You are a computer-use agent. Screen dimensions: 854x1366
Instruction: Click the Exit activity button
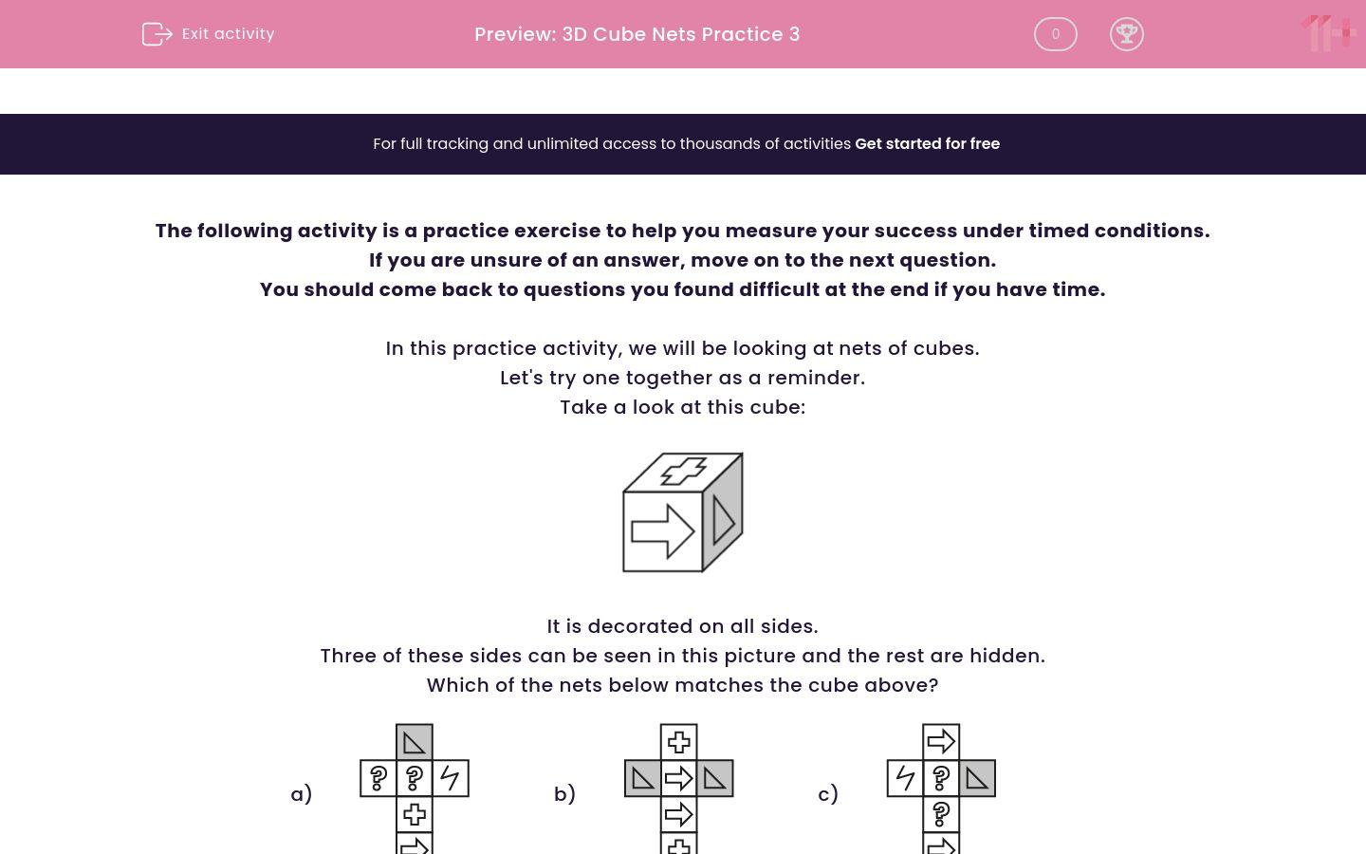[209, 34]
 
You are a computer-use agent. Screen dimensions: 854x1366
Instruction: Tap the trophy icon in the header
[1126, 34]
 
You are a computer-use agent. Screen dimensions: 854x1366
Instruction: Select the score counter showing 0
[1055, 34]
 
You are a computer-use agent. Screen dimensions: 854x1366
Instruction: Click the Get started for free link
[927, 144]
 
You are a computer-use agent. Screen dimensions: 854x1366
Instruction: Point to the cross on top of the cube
[683, 471]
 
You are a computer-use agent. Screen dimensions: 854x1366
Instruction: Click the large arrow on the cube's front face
[662, 530]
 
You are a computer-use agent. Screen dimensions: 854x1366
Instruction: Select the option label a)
[302, 794]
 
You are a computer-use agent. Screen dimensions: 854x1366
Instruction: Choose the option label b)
[564, 794]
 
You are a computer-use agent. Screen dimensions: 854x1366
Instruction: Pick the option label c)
[828, 794]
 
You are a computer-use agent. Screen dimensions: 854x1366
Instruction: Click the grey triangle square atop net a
[415, 742]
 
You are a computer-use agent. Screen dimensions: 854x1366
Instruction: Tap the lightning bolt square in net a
[451, 778]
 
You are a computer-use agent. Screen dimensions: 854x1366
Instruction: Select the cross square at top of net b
[679, 742]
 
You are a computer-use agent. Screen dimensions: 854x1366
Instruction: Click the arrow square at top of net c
[941, 742]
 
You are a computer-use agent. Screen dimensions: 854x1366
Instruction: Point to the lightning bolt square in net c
[905, 778]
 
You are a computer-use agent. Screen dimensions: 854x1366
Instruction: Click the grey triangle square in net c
[977, 778]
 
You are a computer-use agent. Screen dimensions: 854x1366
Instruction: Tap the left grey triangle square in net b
[643, 778]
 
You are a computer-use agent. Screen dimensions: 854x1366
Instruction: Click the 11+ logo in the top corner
[1328, 34]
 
